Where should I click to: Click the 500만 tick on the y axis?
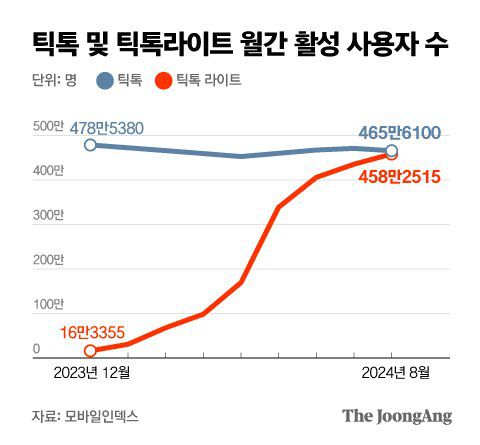click(48, 127)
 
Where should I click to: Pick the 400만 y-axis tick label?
click(48, 171)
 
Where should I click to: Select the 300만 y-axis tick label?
click(48, 215)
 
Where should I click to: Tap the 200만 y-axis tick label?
click(48, 259)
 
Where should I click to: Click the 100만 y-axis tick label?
click(48, 303)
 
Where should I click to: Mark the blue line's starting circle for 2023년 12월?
click(90, 145)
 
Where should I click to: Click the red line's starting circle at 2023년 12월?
click(90, 350)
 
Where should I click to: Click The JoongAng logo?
click(397, 415)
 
